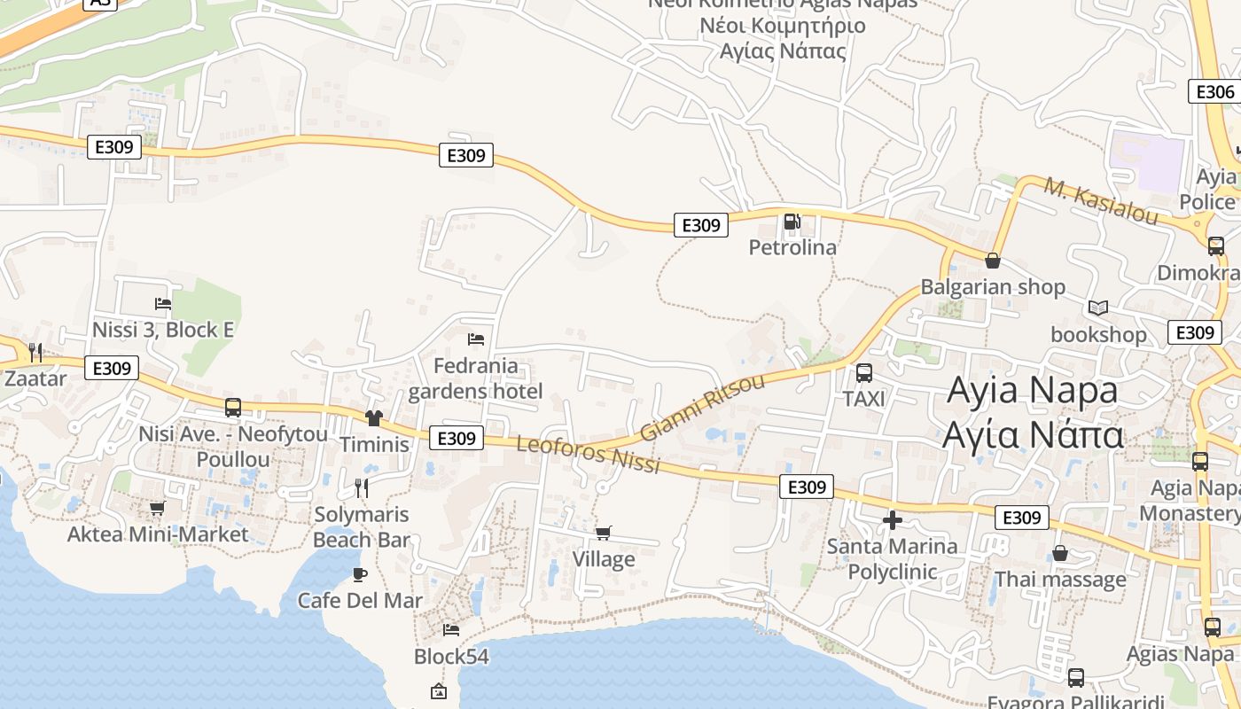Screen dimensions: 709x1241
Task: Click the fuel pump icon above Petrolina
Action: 792,222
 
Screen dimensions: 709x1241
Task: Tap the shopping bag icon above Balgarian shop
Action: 993,261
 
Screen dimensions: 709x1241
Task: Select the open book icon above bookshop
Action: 1098,308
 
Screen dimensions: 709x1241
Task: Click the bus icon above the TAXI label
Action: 864,373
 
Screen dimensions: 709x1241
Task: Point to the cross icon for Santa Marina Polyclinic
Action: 893,520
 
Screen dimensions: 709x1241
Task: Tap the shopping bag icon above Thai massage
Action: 1060,554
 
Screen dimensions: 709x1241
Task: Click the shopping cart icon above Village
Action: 604,533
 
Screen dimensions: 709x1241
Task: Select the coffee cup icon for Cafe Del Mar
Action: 359,574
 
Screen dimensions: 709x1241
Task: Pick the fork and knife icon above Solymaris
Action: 361,487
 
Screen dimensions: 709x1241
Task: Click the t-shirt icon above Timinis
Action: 374,417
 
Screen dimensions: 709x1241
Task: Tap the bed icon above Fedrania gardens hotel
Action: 476,339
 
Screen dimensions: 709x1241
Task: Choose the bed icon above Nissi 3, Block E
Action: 163,303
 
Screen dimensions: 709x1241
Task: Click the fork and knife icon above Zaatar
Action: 35,353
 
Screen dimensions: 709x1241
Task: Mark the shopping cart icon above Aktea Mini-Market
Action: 158,508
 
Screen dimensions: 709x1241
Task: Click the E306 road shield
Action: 1212,91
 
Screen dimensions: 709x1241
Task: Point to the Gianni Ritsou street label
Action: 701,408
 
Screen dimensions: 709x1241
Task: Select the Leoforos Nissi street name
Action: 589,454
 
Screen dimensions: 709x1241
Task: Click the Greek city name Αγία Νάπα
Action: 1034,435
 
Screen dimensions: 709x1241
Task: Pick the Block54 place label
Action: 452,657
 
